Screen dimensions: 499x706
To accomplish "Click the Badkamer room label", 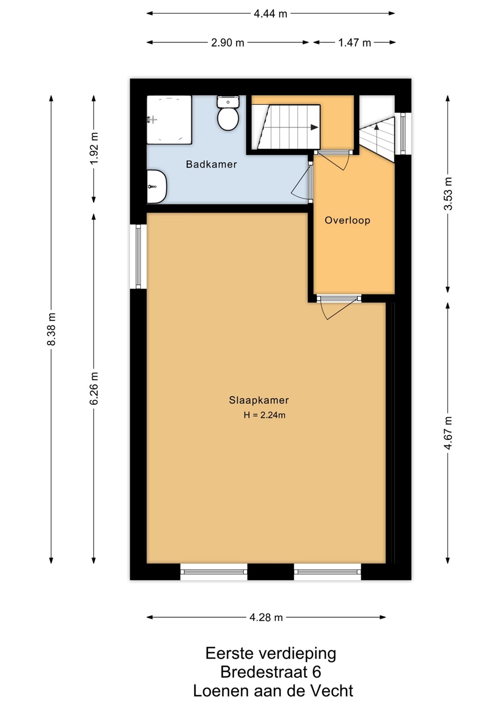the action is [x=211, y=164].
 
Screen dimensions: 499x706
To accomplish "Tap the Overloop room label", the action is [x=348, y=220].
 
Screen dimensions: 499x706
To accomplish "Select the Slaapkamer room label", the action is [x=259, y=400].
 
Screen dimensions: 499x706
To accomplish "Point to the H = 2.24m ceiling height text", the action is [x=264, y=415].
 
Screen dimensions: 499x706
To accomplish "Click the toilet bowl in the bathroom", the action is [x=228, y=119].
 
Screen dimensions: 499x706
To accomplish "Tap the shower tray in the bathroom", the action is [x=169, y=120].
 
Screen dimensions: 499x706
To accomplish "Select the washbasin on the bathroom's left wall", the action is [x=156, y=187].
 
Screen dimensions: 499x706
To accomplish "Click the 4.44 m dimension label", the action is [x=271, y=14].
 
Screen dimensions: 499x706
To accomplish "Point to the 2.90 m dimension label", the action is [x=227, y=43].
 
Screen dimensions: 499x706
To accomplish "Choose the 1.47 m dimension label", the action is [x=354, y=43].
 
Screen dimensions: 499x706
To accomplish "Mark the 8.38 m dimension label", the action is [x=51, y=329].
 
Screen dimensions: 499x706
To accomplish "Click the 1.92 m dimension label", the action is [x=94, y=148].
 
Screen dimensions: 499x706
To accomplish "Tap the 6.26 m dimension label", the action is [x=94, y=388].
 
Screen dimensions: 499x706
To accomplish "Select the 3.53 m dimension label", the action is [x=448, y=194].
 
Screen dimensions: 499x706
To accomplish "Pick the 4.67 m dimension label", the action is [x=448, y=432].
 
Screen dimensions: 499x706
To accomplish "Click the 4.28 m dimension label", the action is [x=266, y=617].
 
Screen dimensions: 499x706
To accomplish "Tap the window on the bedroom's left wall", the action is [x=138, y=256].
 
